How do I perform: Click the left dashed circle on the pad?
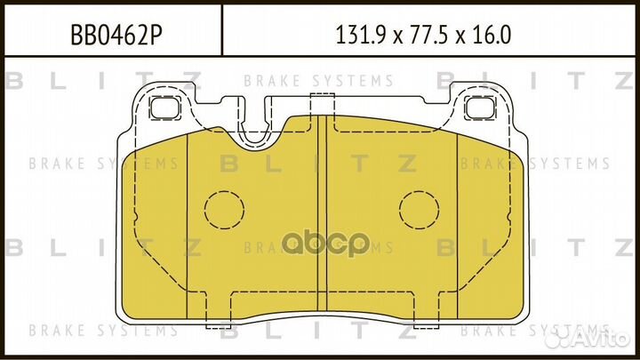point(224,210)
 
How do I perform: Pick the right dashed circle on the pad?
point(419,210)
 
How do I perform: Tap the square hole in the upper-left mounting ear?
point(164,108)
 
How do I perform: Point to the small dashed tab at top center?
point(321,99)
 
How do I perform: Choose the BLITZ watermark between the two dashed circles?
point(321,164)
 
